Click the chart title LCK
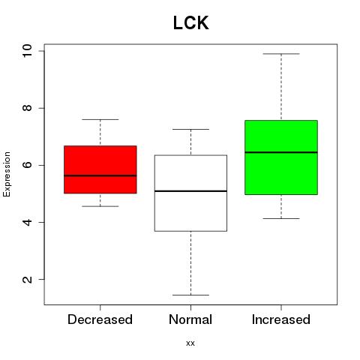point(191,22)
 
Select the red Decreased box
point(100,169)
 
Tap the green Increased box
point(281,157)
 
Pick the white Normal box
point(190,193)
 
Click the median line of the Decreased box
point(100,175)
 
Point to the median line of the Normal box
point(190,191)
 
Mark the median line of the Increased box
point(281,152)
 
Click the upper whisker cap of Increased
point(281,54)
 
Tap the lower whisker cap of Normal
point(190,295)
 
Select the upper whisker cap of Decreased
point(100,119)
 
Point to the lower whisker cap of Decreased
point(100,206)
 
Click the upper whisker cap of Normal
point(190,129)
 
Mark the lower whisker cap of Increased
point(281,218)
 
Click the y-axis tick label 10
point(27,51)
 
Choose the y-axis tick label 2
point(27,280)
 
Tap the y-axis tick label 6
point(27,165)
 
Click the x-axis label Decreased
point(100,319)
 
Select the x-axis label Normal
point(190,319)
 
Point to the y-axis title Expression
point(7,174)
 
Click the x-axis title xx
point(190,343)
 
